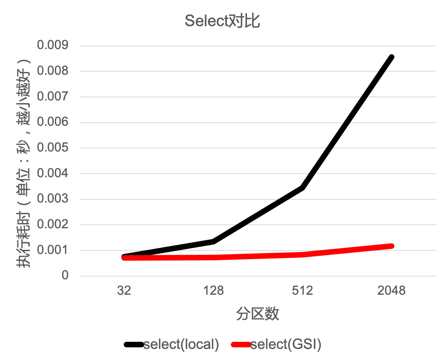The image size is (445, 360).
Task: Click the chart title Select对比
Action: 222,21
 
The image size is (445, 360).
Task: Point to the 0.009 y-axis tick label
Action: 53,45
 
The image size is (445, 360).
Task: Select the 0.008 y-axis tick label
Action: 53,71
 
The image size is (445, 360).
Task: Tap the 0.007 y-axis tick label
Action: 53,97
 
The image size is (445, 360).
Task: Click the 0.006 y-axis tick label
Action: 53,122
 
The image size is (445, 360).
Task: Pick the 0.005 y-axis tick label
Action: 53,148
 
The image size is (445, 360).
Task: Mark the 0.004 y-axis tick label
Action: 53,173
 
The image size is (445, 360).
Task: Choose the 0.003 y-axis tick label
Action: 53,199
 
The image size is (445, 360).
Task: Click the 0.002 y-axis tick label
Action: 53,224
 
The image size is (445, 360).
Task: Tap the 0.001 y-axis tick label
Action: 53,250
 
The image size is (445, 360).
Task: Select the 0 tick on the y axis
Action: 65,275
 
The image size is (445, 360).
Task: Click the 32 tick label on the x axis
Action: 124,291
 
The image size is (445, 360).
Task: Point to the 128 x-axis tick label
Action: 213,291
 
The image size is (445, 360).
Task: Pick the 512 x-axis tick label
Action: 302,291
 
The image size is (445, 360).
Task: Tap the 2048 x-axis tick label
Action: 391,291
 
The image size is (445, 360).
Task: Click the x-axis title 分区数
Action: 258,314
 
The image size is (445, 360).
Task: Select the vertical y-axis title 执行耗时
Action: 23,162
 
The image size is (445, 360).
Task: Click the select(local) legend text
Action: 181,344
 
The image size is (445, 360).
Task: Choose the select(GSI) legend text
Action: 286,344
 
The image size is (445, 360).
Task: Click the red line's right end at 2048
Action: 391,246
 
